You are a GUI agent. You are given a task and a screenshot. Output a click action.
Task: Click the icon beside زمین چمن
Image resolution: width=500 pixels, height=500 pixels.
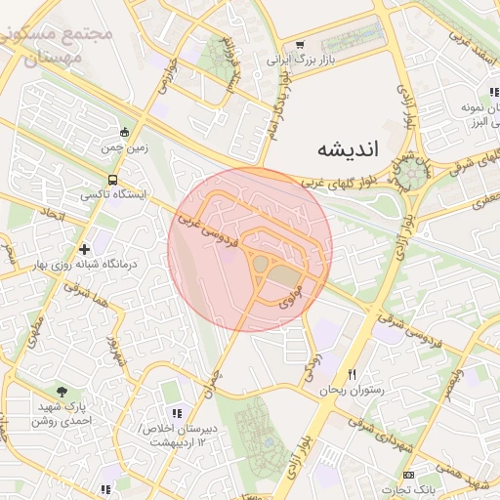click(124, 133)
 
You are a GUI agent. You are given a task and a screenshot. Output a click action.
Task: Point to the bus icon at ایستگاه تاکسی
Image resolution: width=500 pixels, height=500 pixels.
click(113, 181)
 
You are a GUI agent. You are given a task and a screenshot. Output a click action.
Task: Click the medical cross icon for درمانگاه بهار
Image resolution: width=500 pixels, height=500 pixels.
click(85, 250)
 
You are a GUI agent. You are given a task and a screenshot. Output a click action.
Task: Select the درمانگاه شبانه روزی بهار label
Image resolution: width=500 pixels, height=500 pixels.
click(97, 265)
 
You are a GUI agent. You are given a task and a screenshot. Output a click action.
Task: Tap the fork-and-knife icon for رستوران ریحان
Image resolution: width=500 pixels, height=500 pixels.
click(353, 375)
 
